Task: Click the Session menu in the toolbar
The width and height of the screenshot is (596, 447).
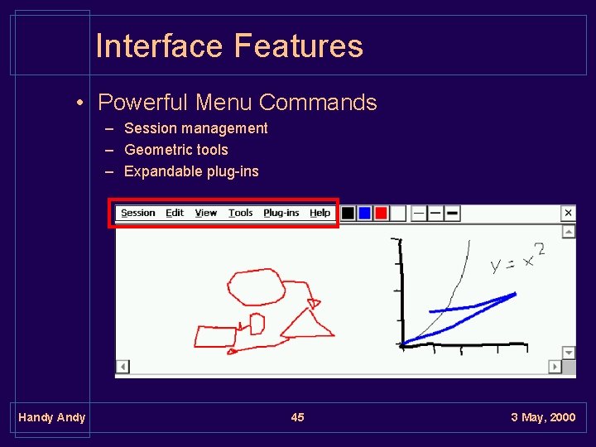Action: pos(137,213)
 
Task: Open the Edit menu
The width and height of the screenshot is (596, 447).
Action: pos(175,213)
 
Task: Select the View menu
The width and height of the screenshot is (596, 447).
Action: pos(206,213)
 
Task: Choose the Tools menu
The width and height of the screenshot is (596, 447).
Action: pos(241,213)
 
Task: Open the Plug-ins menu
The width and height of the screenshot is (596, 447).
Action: pos(281,213)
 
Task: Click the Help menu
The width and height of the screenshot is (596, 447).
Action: pos(320,213)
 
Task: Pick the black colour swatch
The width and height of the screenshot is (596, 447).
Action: pos(348,213)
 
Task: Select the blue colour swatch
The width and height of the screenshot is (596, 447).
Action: pos(364,213)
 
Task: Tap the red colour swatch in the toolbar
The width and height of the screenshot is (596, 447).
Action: pos(381,213)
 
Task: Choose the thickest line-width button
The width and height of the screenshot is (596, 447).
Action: pos(452,213)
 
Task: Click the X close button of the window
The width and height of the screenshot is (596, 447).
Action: pos(569,213)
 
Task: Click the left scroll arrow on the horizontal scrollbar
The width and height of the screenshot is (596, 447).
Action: pos(123,366)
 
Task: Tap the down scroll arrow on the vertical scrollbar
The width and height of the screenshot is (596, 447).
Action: pos(569,353)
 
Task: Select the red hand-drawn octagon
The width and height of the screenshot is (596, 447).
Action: pos(256,287)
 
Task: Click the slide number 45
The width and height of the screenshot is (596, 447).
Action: pos(297,417)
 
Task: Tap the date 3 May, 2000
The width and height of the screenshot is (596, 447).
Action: pos(543,417)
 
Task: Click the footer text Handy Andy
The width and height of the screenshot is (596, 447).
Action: pos(51,417)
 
